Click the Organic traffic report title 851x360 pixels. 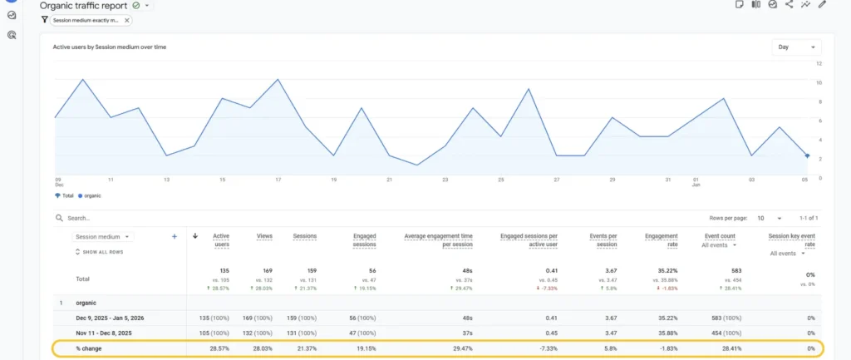click(x=83, y=6)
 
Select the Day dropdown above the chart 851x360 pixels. click(x=795, y=47)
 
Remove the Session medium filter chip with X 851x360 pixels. click(x=127, y=20)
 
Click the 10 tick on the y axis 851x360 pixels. click(x=819, y=82)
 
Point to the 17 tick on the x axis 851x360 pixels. click(x=278, y=180)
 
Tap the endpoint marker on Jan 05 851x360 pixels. click(x=807, y=155)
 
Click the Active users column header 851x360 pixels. click(x=221, y=240)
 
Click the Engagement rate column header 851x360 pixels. click(x=662, y=240)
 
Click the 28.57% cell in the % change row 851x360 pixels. click(x=218, y=349)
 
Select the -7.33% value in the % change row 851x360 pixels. click(x=546, y=349)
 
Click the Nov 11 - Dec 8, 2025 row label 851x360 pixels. click(x=109, y=333)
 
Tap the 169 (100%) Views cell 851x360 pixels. click(x=256, y=317)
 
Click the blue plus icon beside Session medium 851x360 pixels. click(x=175, y=236)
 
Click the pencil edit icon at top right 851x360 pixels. click(x=822, y=4)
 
